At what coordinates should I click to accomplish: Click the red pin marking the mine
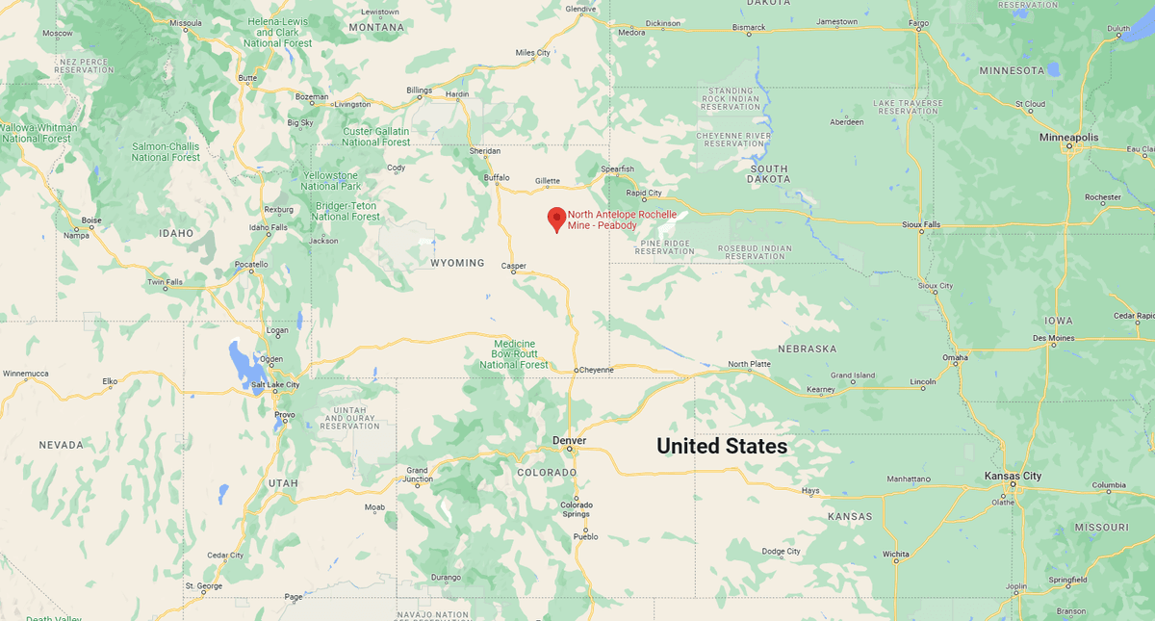[556, 219]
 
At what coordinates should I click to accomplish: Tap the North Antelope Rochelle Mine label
[622, 220]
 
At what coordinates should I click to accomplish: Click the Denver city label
[569, 440]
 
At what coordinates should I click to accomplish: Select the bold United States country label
[722, 447]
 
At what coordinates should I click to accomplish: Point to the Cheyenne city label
[596, 370]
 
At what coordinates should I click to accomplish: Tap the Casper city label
[513, 265]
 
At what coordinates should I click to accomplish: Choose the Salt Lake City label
[275, 385]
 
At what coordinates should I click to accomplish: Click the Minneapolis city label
[1068, 138]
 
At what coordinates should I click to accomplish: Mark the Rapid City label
[644, 194]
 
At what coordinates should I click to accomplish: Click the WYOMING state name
[457, 263]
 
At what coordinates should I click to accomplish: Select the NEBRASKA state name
[808, 349]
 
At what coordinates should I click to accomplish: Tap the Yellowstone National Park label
[330, 180]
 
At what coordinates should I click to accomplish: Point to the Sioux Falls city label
[921, 223]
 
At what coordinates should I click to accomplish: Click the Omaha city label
[955, 358]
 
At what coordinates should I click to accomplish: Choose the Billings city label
[420, 91]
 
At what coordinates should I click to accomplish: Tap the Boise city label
[91, 220]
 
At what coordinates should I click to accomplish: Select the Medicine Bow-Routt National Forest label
[514, 354]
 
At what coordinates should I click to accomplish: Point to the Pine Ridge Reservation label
[665, 247]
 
